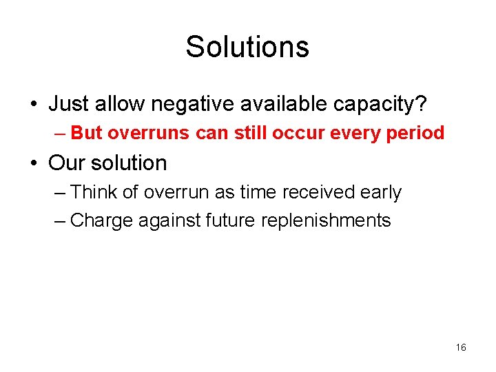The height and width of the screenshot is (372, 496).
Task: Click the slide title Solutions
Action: (x=247, y=47)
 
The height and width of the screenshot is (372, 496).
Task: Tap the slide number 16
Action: (x=461, y=347)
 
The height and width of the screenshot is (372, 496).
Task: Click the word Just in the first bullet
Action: (x=68, y=105)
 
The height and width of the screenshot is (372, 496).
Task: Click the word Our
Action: (x=67, y=163)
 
